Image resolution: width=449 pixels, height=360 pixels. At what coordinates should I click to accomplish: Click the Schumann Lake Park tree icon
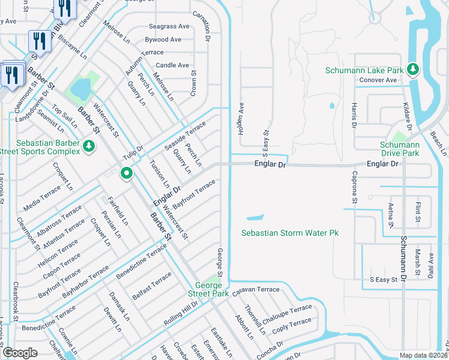coord(413,70)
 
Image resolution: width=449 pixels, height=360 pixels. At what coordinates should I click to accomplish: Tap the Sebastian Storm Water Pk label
coord(290,232)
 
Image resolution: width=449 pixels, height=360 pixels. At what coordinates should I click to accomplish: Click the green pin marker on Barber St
coord(127,174)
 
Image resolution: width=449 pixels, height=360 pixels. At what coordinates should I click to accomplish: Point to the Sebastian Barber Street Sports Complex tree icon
coord(89,146)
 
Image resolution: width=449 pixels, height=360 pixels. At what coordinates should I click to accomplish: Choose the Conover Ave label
coord(378,80)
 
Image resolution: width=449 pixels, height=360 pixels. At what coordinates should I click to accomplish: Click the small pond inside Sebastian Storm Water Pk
coord(255,217)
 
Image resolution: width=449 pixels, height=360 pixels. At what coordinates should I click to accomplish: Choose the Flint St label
coord(418,211)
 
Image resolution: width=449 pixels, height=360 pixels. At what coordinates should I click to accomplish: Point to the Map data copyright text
coord(423,355)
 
